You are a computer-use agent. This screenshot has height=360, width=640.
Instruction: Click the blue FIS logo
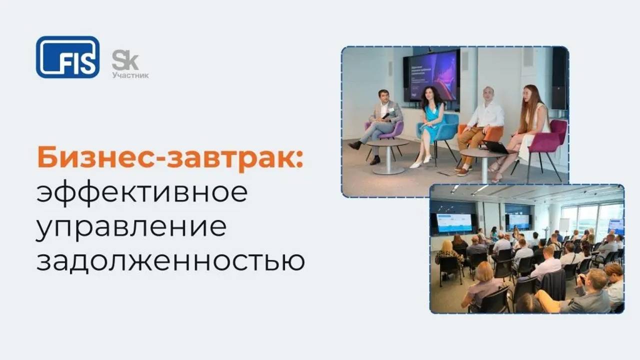point(67,57)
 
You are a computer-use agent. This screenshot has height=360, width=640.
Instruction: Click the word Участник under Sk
point(130,75)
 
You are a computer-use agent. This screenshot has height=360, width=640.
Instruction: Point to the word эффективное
point(142,193)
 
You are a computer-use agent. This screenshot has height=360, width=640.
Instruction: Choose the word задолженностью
point(170,260)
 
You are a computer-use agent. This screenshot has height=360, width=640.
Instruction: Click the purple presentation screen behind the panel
point(432,75)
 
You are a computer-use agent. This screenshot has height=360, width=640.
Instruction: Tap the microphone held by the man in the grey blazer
point(386,115)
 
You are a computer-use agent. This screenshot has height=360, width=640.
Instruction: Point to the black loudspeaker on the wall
point(559,77)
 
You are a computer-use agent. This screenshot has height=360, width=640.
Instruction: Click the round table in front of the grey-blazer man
point(387,150)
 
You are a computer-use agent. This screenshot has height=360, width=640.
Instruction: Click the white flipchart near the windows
point(564,225)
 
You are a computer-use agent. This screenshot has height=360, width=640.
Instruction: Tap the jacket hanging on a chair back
point(554,284)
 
